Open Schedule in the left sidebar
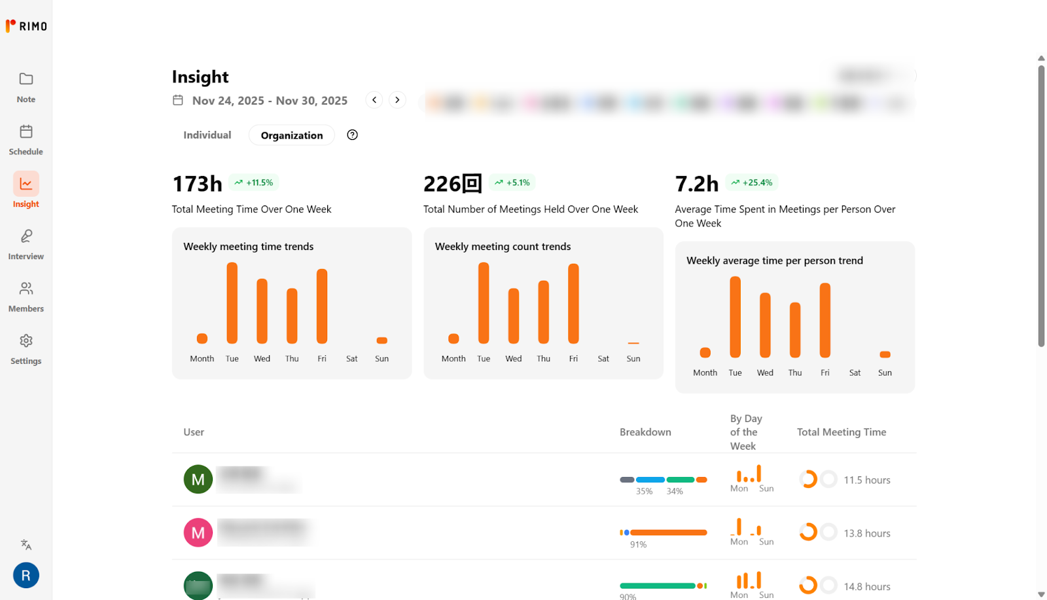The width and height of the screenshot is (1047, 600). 26,139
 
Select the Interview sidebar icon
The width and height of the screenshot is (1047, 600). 26,244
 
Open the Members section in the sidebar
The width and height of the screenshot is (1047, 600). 26,296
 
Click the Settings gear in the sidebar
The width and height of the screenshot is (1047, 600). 26,349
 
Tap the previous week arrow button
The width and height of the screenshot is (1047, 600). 374,100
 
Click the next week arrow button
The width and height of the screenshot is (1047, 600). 397,100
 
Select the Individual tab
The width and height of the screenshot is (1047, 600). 207,135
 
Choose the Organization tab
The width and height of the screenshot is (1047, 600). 292,135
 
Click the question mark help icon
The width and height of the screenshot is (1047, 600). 352,135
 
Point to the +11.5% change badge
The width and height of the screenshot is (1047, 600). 254,183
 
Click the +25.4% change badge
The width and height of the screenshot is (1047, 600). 752,183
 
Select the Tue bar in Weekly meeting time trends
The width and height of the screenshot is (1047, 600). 232,303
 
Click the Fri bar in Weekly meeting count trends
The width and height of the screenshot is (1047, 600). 573,304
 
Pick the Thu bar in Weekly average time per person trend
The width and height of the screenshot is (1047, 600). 795,330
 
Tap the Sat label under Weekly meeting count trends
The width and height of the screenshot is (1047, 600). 603,359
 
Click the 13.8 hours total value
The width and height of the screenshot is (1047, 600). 867,533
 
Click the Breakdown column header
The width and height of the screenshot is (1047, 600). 645,432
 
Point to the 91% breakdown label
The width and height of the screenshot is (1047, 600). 638,544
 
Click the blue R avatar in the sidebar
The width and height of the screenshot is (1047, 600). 26,575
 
